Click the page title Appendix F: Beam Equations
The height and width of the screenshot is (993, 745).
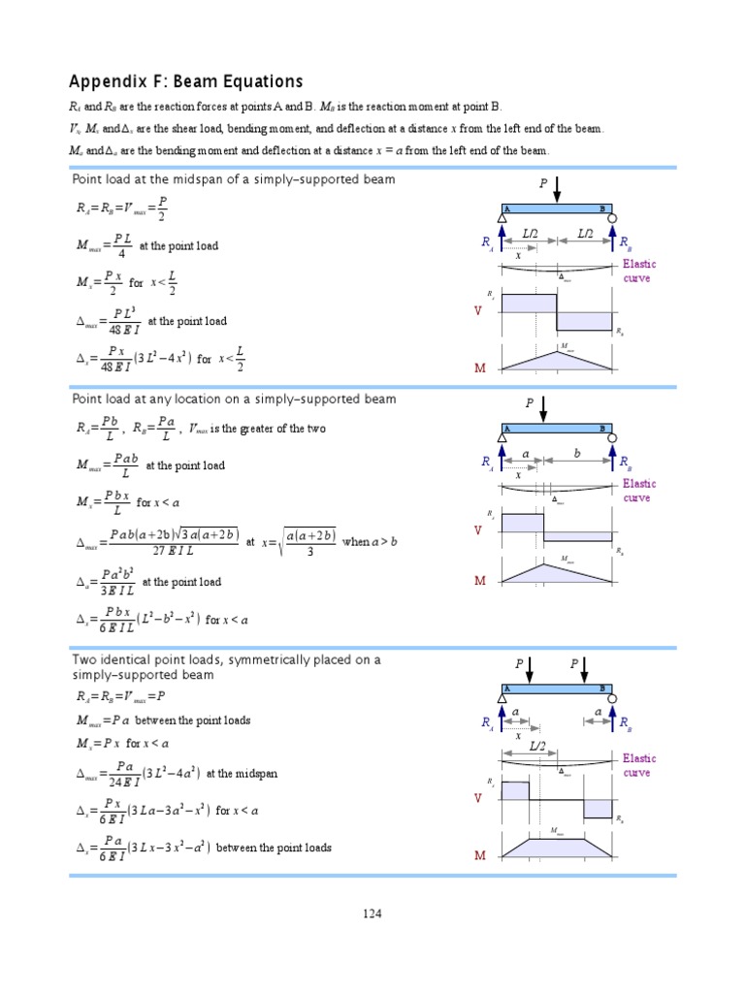185,81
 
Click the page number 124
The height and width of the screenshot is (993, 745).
372,913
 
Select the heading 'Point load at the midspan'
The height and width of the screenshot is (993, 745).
233,180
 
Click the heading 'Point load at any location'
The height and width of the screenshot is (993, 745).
234,399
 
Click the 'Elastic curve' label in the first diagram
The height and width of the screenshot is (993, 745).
639,271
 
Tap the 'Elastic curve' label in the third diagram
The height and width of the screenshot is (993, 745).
639,765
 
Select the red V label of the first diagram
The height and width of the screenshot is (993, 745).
477,310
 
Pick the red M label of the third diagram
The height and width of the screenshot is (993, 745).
479,856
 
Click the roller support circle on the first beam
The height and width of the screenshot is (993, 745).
612,219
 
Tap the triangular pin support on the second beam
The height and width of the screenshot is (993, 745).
502,437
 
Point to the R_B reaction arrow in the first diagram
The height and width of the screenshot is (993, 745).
612,242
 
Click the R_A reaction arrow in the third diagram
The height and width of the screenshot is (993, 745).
502,721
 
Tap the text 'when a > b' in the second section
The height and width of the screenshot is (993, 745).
370,542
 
